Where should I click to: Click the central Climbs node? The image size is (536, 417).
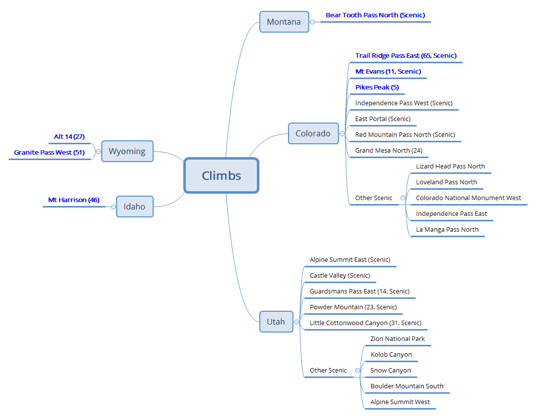pyautogui.click(x=221, y=175)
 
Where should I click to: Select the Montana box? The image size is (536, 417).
pyautogui.click(x=284, y=22)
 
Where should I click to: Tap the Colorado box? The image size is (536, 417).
pyautogui.click(x=313, y=133)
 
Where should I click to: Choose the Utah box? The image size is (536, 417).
pyautogui.click(x=276, y=322)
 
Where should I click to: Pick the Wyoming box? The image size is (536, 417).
pyautogui.click(x=127, y=151)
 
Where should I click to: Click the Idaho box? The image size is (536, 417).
pyautogui.click(x=134, y=207)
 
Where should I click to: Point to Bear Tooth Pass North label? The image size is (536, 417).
pyautogui.click(x=375, y=15)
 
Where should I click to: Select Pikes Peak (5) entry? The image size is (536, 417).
pyautogui.click(x=377, y=87)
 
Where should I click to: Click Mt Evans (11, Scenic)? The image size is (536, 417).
pyautogui.click(x=388, y=72)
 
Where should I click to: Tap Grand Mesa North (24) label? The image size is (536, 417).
pyautogui.click(x=388, y=151)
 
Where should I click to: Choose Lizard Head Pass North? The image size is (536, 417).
pyautogui.click(x=450, y=167)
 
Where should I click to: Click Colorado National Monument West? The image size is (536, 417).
pyautogui.click(x=468, y=198)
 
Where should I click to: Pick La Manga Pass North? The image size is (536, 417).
pyautogui.click(x=447, y=230)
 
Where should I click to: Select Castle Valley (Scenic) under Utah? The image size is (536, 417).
pyautogui.click(x=339, y=276)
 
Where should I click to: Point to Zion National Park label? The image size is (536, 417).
pyautogui.click(x=397, y=339)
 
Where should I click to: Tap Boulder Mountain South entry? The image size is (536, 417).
pyautogui.click(x=407, y=386)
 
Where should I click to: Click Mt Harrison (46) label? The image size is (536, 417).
pyautogui.click(x=74, y=200)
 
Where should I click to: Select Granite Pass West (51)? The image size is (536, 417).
pyautogui.click(x=49, y=153)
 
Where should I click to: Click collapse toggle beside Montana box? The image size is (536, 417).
pyautogui.click(x=312, y=22)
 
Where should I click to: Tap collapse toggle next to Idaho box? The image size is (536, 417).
pyautogui.click(x=113, y=207)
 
